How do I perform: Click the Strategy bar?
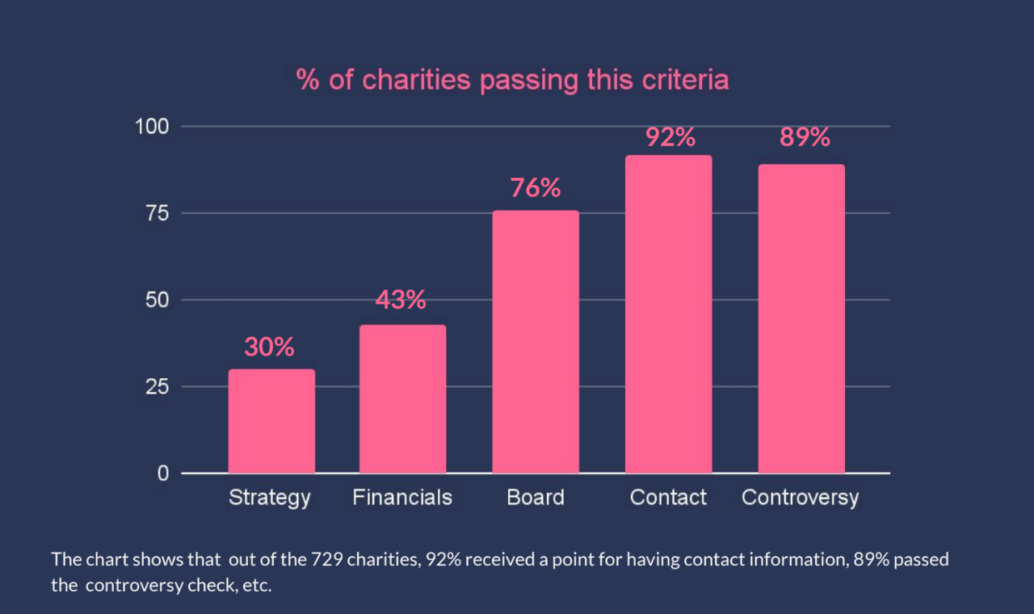click(272, 421)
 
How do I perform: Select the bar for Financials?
click(403, 399)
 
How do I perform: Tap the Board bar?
click(536, 342)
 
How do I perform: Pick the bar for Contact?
click(668, 314)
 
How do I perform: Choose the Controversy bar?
click(801, 318)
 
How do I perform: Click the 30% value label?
click(269, 347)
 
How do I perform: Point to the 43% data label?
click(401, 300)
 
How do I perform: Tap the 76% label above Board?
click(536, 188)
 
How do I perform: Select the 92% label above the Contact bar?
click(670, 137)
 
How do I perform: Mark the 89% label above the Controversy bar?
click(805, 137)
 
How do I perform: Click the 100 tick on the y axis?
click(152, 127)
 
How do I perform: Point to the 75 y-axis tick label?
click(158, 213)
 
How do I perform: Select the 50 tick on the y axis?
click(158, 300)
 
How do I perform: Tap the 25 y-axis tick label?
click(158, 387)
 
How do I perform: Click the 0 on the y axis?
click(163, 473)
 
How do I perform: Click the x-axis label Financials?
click(402, 498)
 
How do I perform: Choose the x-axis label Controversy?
click(801, 498)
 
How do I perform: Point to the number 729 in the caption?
click(327, 560)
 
